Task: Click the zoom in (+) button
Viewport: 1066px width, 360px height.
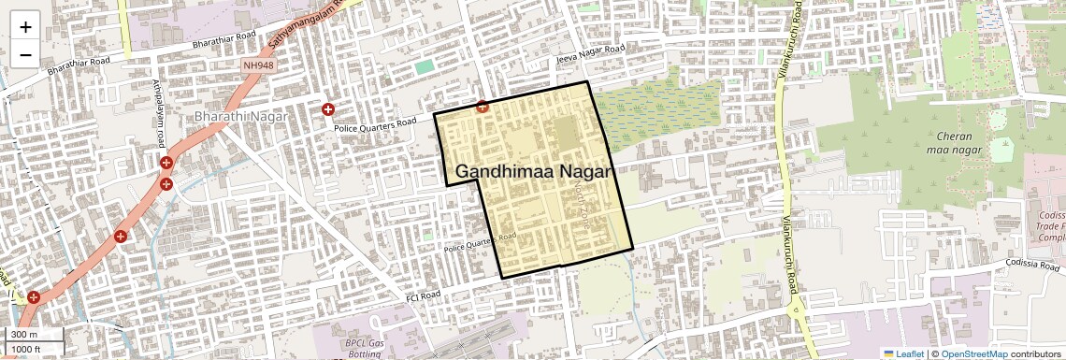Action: [25, 26]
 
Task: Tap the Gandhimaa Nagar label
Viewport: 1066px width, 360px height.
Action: [533, 172]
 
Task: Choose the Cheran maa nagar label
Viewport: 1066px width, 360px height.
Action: [951, 142]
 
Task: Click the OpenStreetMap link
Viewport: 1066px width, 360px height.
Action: [974, 353]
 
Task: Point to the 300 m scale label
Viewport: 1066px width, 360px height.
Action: [25, 335]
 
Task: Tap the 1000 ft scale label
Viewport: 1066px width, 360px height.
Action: [28, 349]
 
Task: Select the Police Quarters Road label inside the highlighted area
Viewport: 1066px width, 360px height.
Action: [481, 243]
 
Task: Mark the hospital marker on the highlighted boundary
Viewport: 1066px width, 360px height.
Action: [483, 108]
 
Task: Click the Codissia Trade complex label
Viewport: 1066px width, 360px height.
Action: [1051, 224]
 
